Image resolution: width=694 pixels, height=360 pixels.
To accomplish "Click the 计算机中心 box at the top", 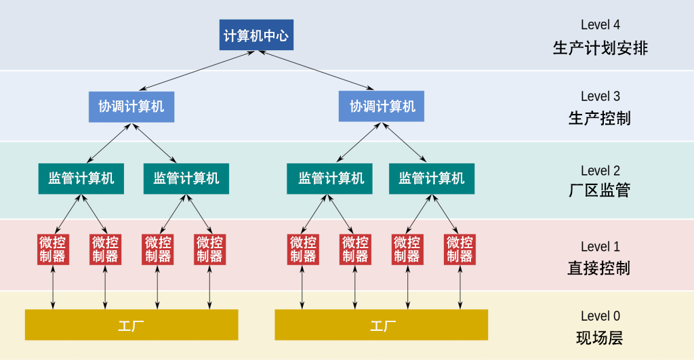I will (257, 35).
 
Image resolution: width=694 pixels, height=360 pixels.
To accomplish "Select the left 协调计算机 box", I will (131, 106).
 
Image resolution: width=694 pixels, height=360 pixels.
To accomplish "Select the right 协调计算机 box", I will (382, 106).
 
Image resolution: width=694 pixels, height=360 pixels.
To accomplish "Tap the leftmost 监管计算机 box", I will (81, 178).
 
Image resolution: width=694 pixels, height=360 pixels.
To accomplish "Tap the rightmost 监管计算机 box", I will (432, 178).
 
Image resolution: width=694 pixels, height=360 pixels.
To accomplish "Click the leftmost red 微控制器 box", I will (53, 249).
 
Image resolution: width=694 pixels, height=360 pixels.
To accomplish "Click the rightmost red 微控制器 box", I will (460, 249).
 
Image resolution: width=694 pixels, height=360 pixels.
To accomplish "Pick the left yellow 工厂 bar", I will (131, 325).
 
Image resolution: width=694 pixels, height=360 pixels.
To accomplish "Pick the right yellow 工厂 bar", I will (381, 325).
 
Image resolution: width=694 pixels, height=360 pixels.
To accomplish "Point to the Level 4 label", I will (600, 25).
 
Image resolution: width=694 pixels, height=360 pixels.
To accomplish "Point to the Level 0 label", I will (600, 316).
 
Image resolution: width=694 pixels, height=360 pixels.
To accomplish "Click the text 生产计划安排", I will (600, 49).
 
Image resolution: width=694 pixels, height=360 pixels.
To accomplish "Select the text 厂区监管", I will (600, 191).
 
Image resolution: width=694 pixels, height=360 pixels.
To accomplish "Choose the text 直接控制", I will (600, 268).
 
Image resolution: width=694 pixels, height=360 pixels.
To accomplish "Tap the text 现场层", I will (600, 338).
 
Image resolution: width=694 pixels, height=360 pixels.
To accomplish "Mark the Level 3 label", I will (600, 96).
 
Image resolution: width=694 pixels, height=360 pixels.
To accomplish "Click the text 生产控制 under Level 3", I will (600, 119).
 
